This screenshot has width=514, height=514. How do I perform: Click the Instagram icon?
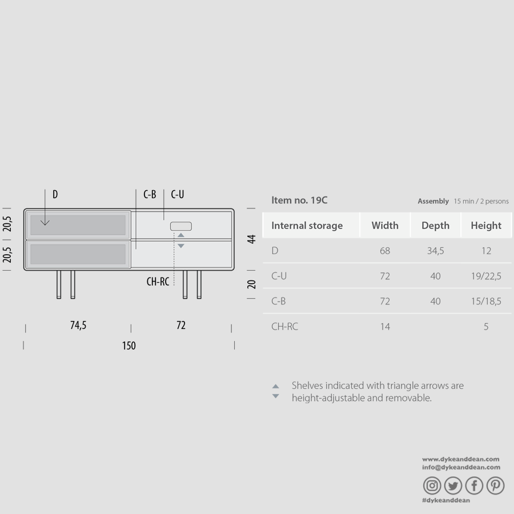pos(432,485)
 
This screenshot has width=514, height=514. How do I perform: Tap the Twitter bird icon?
pos(453,485)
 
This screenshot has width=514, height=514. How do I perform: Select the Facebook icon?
pos(474,485)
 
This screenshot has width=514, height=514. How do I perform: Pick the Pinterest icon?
pos(495,485)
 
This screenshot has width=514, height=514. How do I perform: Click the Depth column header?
pos(435,226)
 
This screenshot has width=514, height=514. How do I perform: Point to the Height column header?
pos(486,226)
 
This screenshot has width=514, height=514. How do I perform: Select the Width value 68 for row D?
pos(385,251)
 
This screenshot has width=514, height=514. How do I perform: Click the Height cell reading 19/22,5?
pos(486,276)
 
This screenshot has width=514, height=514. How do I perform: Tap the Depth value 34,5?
pos(435,251)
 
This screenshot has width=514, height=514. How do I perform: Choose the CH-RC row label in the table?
pos(284,327)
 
